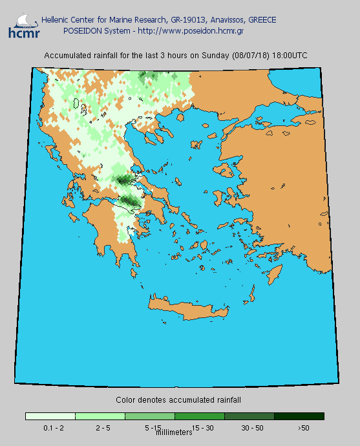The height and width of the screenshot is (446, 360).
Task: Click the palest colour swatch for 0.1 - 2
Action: pos(50,416)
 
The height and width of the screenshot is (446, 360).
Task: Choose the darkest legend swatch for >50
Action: pos(299,416)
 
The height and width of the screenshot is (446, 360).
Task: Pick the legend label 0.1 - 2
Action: pos(53,428)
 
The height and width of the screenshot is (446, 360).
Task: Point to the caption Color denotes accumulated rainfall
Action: pos(178,400)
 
